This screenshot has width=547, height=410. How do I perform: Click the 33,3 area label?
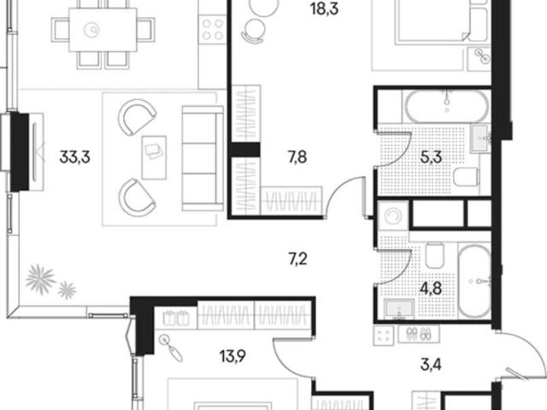[x=74, y=157]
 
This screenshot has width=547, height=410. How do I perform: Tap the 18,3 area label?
[x=325, y=9]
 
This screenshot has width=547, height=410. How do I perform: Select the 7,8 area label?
[x=297, y=157]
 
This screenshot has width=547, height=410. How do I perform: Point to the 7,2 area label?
[x=298, y=260]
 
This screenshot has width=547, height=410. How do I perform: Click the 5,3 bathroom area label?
[x=431, y=157]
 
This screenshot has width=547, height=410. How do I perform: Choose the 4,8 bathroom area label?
[x=431, y=289]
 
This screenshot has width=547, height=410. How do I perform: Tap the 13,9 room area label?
[x=232, y=356]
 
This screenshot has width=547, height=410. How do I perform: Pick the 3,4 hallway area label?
[x=431, y=365]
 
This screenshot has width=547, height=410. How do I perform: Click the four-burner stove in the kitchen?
[x=213, y=29]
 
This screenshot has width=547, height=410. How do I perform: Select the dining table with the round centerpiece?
[x=103, y=30]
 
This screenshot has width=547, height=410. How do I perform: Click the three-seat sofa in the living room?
[x=203, y=158]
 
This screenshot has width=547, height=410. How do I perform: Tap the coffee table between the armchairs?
[x=154, y=157]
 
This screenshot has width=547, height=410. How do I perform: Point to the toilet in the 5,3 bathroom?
[x=466, y=177]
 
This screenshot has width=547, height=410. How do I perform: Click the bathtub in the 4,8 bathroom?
[x=474, y=281]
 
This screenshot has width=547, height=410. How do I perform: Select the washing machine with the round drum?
[x=393, y=216]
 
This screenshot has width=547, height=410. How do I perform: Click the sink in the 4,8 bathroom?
[x=399, y=308]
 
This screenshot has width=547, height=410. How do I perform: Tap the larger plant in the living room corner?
[x=41, y=279]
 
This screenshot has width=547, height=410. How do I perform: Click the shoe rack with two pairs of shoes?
[x=419, y=335]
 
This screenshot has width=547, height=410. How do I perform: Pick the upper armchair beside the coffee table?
[x=137, y=117]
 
